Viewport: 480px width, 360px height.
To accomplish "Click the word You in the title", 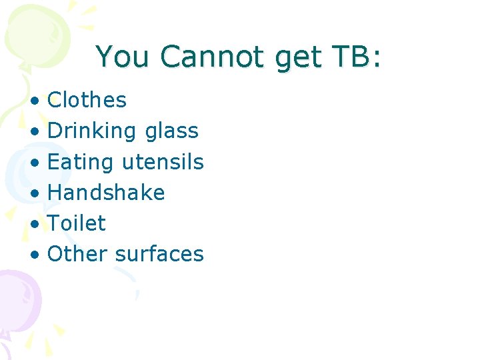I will click(x=124, y=57).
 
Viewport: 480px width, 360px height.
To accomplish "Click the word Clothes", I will click(x=87, y=100).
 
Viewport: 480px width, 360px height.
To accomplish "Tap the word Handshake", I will click(x=106, y=193).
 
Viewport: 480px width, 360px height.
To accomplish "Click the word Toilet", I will click(x=77, y=223).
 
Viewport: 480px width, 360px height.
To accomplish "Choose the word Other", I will click(x=78, y=254).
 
